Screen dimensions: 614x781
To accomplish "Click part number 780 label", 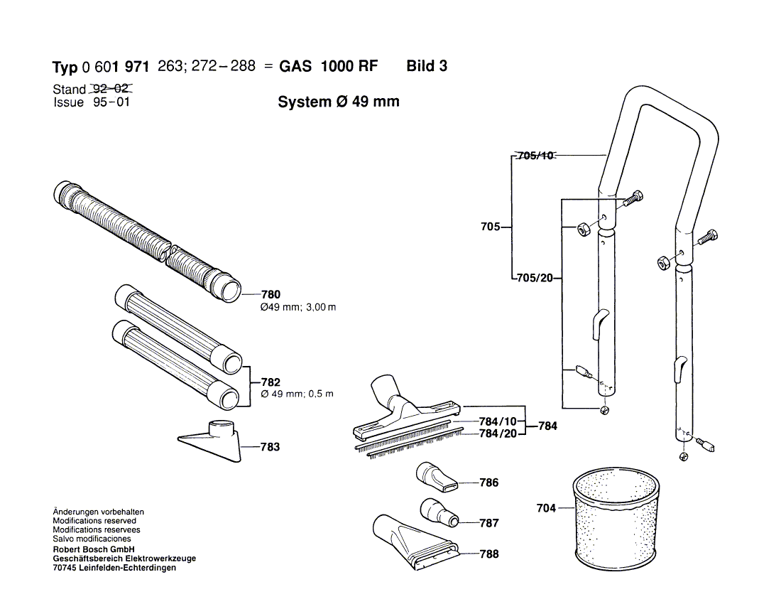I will pyautogui.click(x=271, y=294).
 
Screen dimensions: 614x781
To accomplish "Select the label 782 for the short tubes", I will pyautogui.click(x=271, y=382).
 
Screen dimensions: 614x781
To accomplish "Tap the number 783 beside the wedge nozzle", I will pyautogui.click(x=270, y=447).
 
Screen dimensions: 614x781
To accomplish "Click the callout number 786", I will pyautogui.click(x=488, y=483).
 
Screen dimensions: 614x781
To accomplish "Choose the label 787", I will pyautogui.click(x=488, y=523).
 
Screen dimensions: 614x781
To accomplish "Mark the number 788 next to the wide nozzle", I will pyautogui.click(x=488, y=554).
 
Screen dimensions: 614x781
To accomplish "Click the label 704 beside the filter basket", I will pyautogui.click(x=545, y=508).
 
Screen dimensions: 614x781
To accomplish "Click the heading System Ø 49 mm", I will pyautogui.click(x=338, y=102).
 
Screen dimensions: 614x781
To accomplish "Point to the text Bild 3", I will pyautogui.click(x=427, y=67).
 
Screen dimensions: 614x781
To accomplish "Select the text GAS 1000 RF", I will pyautogui.click(x=328, y=67).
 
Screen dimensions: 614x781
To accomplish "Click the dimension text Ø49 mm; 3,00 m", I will pyautogui.click(x=298, y=308).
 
